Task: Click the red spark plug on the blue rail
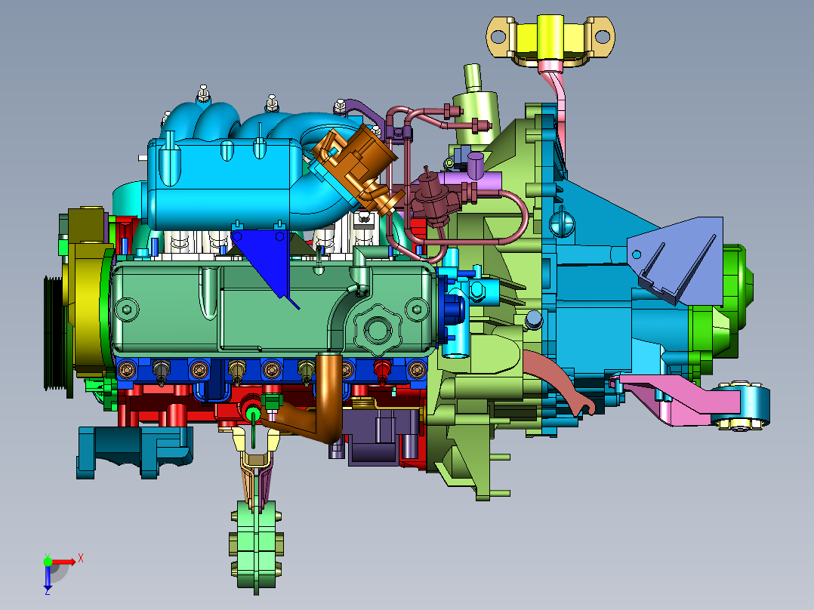(382, 371)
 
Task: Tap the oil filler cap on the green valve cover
(378, 329)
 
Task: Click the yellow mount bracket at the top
(550, 39)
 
